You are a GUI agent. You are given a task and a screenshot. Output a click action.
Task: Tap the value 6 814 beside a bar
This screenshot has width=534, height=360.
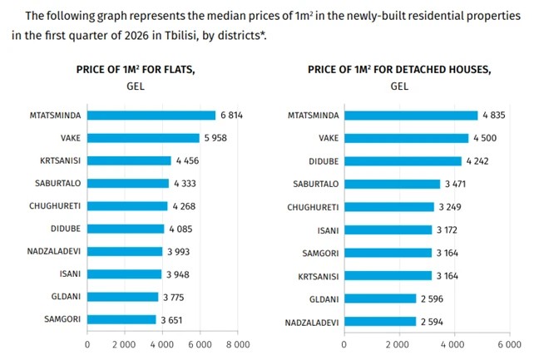click(x=234, y=115)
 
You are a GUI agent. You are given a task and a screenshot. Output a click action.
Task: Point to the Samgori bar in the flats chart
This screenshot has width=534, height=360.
click(x=121, y=319)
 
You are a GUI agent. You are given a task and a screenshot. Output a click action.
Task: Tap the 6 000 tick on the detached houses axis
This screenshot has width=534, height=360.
click(x=508, y=343)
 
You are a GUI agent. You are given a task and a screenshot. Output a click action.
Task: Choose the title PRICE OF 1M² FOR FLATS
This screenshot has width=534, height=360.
click(x=136, y=69)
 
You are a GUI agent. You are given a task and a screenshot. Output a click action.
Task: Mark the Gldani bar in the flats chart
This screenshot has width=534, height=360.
click(x=122, y=297)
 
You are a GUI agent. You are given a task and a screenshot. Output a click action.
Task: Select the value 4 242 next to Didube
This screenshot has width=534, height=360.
click(x=479, y=161)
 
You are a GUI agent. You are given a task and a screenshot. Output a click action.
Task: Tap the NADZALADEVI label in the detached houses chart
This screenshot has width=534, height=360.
click(x=309, y=321)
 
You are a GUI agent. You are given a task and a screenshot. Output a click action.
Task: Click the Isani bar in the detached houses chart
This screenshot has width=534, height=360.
click(x=388, y=229)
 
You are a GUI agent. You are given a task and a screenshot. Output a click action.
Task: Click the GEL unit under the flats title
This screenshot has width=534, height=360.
click(x=136, y=86)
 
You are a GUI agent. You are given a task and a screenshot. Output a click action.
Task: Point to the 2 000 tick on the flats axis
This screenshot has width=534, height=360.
click(x=125, y=343)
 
